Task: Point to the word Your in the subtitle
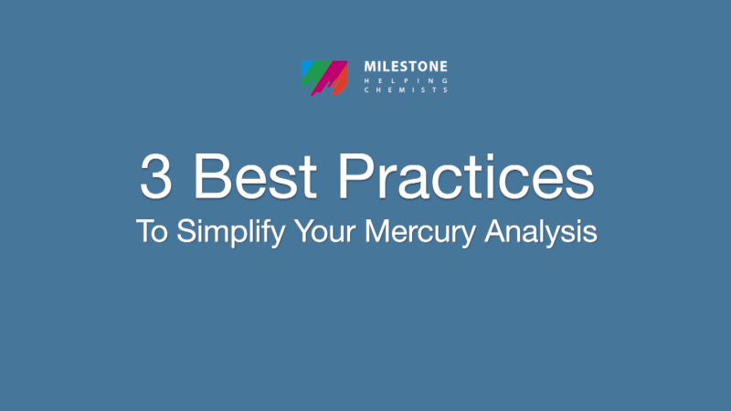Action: (324, 230)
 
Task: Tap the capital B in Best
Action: (209, 176)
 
